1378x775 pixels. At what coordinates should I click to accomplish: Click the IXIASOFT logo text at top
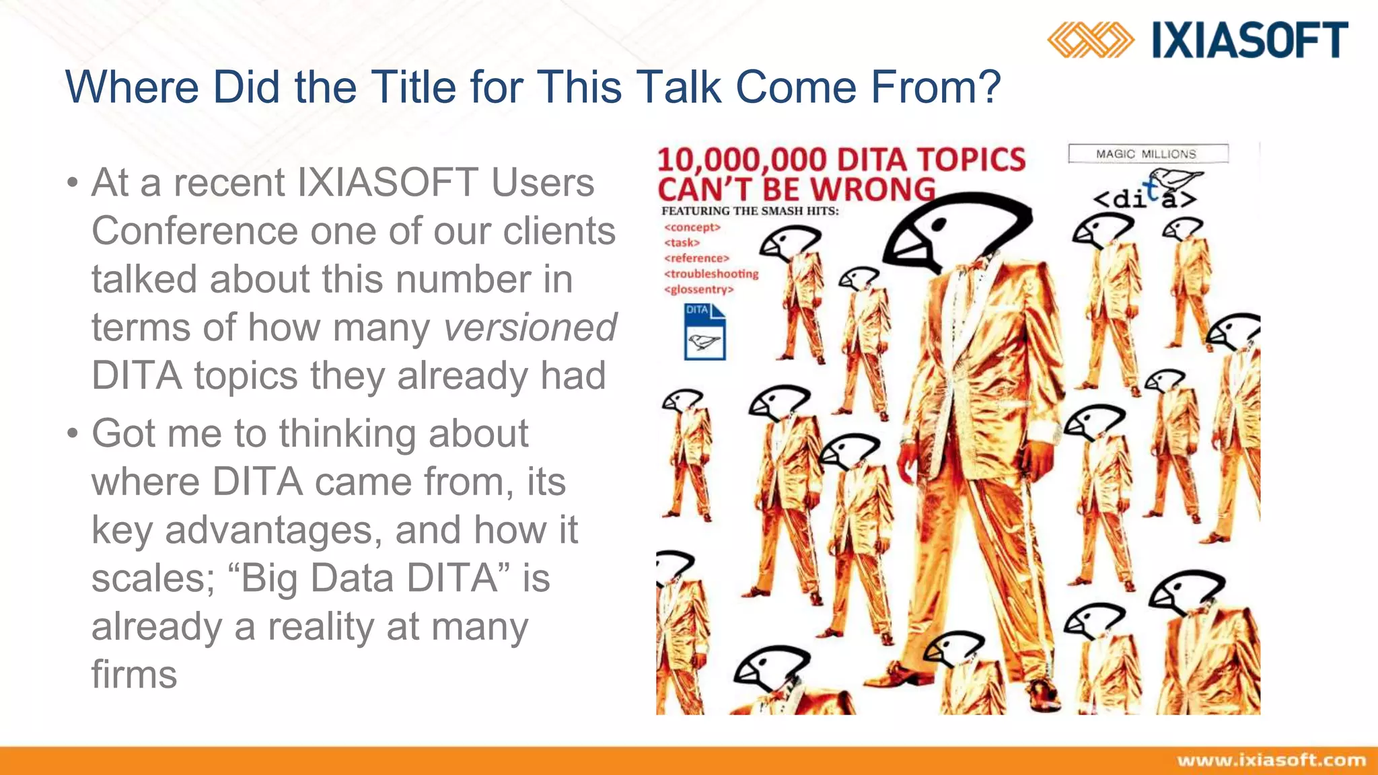(1249, 40)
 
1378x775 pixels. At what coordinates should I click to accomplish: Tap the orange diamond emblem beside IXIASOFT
(1090, 40)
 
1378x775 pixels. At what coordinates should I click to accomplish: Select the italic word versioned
(530, 328)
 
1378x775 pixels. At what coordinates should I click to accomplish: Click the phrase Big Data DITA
(369, 579)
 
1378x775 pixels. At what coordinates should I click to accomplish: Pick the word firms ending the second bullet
(134, 675)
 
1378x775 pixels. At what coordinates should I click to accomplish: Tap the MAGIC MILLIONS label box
(1147, 154)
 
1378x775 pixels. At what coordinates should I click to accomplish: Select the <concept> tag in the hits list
(692, 227)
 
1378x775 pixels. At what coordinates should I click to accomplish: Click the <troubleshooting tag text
(711, 274)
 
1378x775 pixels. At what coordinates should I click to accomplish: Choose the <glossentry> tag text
(698, 290)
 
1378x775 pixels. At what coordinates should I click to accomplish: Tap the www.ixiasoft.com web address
(1271, 760)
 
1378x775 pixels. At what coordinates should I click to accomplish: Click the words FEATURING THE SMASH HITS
(750, 211)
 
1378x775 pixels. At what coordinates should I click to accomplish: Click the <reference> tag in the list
(696, 258)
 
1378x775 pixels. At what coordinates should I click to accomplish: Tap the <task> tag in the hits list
(682, 243)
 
